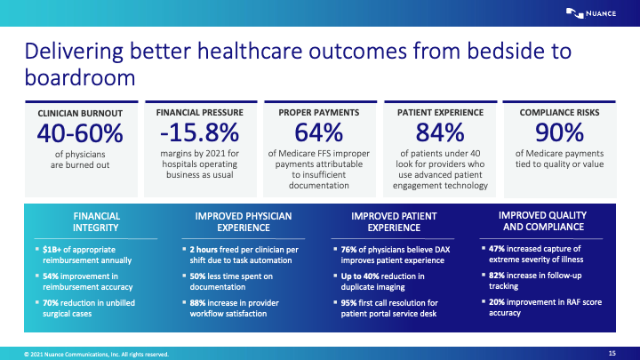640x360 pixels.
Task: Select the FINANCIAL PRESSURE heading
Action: pyautogui.click(x=199, y=113)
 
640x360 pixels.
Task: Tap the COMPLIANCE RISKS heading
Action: pyautogui.click(x=560, y=113)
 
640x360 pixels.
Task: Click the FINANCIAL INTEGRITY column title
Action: pyautogui.click(x=97, y=221)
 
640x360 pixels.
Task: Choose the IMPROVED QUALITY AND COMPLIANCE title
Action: pyautogui.click(x=542, y=221)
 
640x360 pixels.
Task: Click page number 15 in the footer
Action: pyautogui.click(x=612, y=353)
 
